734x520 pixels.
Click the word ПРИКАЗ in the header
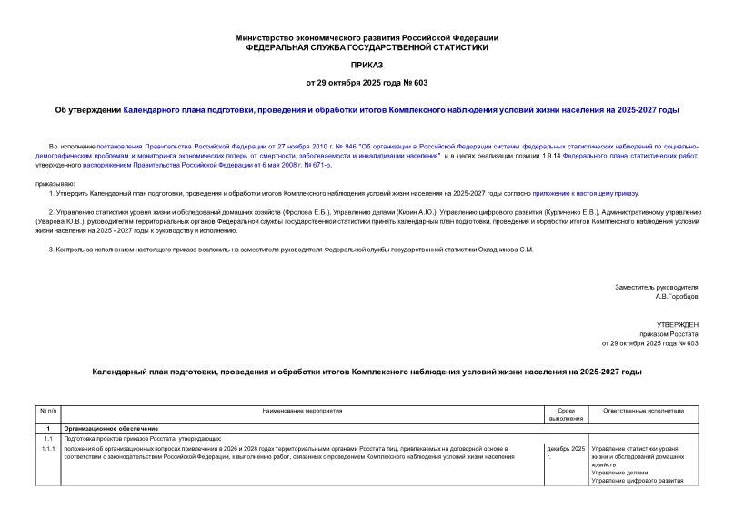(367, 66)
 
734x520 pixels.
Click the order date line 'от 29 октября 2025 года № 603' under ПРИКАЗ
(367, 84)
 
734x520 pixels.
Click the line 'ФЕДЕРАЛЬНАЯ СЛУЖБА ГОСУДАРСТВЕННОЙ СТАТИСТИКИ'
(367, 46)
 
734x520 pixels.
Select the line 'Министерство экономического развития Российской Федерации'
(367, 37)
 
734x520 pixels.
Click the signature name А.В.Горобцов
(676, 296)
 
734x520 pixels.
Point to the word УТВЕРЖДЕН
(677, 325)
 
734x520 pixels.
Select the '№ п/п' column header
(47, 412)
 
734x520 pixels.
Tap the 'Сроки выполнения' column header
(566, 415)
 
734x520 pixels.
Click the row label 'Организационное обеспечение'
(112, 428)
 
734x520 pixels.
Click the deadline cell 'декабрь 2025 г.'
(565, 453)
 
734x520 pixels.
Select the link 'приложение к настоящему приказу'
(585, 193)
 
